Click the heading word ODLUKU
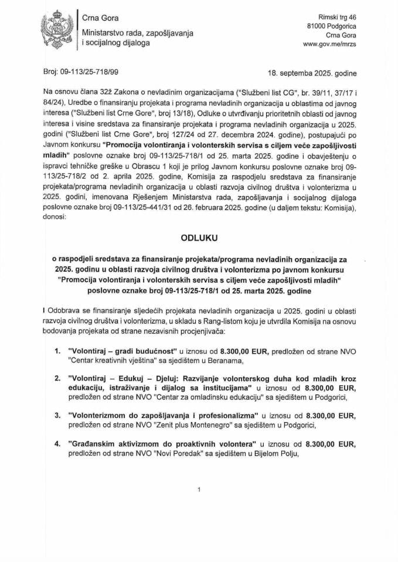(x=199, y=239)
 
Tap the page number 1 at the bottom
(x=199, y=488)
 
